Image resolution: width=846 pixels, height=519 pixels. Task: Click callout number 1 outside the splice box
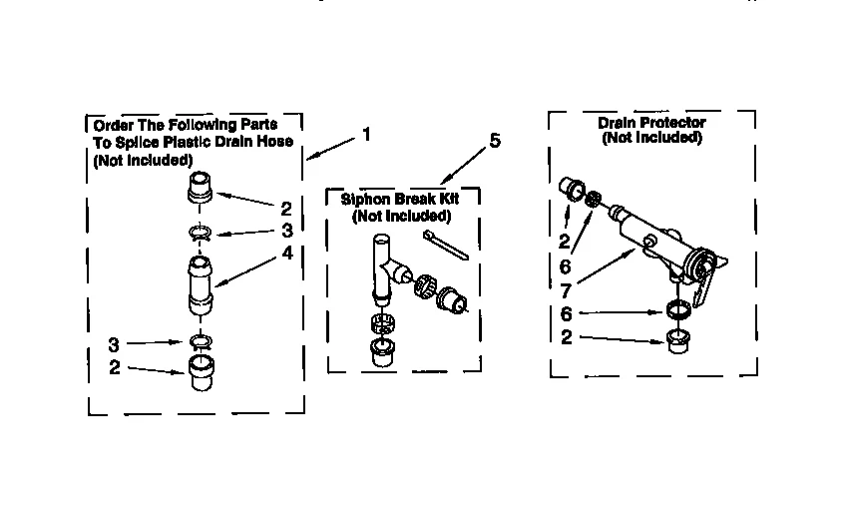[x=366, y=134]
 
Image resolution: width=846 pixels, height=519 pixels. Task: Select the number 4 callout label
[x=287, y=253]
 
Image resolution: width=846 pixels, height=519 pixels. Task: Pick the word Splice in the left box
[x=131, y=142]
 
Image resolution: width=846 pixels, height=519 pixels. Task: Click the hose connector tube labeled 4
[x=201, y=285]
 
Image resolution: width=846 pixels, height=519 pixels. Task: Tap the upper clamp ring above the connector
[x=201, y=235]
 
